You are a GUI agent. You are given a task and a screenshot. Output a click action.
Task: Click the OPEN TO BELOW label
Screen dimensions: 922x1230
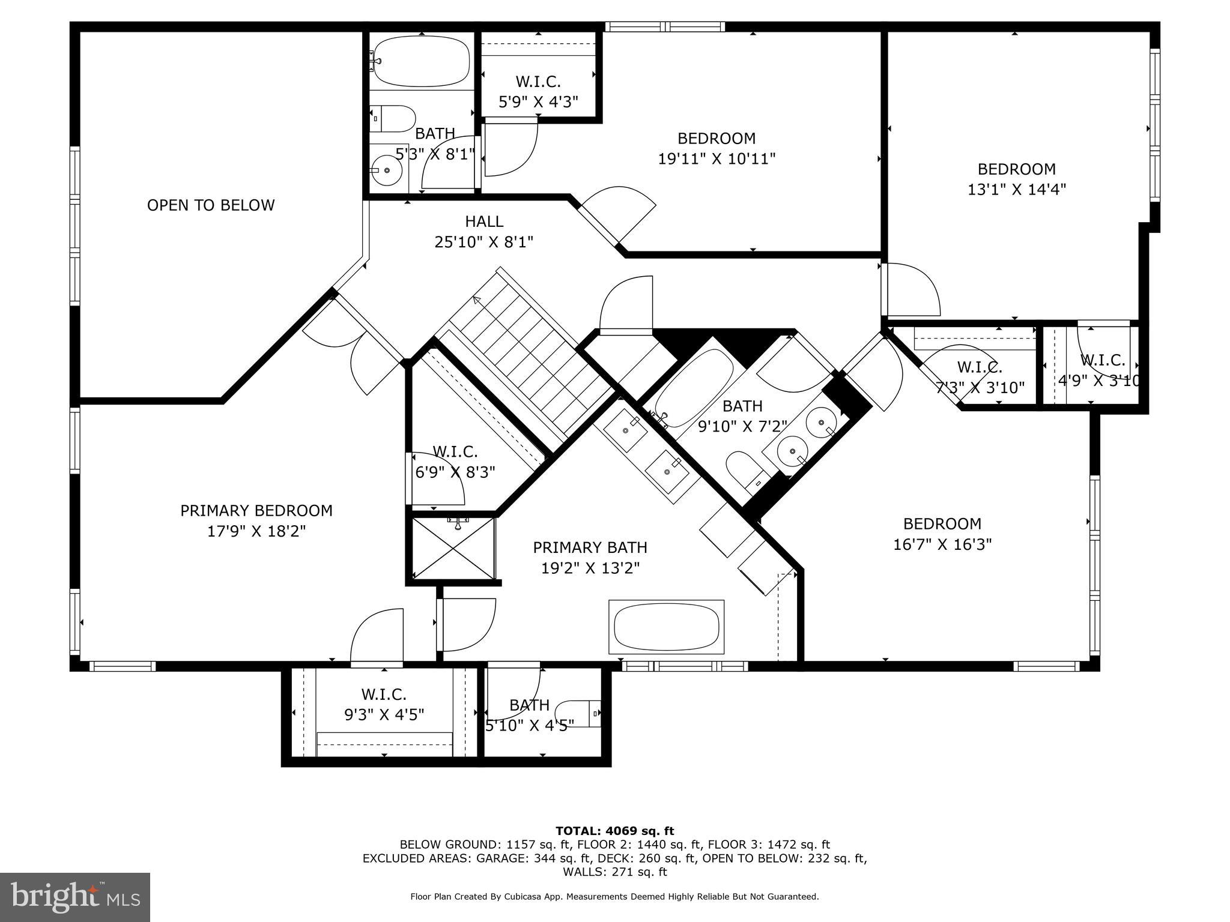[211, 205]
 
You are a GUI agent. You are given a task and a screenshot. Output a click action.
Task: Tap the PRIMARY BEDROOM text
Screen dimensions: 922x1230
[256, 511]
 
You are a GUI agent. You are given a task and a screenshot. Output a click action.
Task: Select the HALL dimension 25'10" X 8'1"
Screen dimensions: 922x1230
[483, 242]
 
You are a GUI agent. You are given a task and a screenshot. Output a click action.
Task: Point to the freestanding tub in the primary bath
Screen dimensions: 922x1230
[666, 627]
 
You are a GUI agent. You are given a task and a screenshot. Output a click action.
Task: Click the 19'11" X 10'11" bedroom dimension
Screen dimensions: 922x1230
[716, 159]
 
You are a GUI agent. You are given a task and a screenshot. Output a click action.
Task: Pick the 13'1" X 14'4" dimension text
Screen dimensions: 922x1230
[1016, 190]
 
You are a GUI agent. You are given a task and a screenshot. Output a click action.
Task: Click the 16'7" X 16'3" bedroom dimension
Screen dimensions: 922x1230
[942, 544]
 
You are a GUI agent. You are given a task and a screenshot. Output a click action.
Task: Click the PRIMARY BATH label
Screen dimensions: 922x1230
[590, 547]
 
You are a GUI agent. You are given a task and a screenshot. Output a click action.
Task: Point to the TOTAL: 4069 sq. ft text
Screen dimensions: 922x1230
[614, 831]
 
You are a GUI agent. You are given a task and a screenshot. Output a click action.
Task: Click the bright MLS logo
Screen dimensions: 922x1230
[75, 897]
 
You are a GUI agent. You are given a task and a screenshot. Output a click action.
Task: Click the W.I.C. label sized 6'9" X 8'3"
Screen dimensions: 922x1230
[455, 451]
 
